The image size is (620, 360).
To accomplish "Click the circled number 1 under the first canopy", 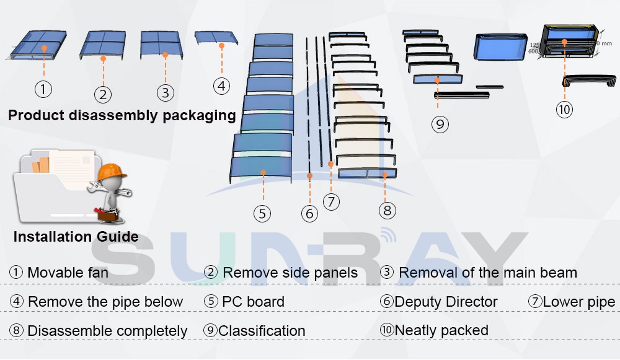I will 43,89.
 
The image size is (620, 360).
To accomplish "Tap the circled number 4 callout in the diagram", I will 222,86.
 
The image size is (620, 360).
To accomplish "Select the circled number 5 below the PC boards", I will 262,213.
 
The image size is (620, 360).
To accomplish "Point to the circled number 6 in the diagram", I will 309,214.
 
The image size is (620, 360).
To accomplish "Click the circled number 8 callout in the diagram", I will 387,211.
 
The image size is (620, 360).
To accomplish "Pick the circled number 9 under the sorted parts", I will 440,124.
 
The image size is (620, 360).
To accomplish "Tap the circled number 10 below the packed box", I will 564,110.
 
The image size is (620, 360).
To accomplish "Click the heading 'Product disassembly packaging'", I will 122,115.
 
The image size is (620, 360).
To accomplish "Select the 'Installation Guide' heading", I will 76,237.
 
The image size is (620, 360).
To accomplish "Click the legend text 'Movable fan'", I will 68,273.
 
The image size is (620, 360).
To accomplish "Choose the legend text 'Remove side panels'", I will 290,273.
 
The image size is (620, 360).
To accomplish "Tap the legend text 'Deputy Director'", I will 446,302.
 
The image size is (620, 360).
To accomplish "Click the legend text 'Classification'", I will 262,331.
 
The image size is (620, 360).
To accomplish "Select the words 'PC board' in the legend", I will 253,302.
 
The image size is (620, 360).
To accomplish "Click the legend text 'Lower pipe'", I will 578,302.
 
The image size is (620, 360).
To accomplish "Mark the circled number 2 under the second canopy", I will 103,94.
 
